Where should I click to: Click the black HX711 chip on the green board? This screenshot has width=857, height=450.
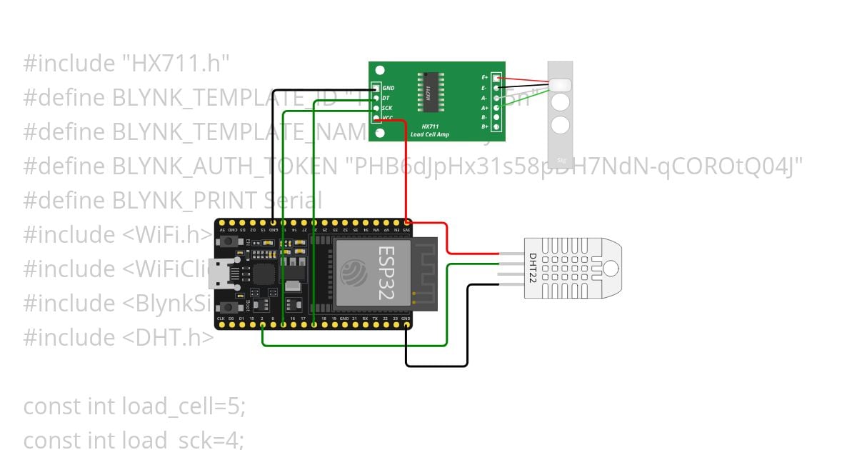click(x=429, y=91)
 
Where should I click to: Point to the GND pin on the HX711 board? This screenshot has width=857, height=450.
click(x=376, y=88)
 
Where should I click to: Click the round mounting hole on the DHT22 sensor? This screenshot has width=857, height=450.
click(x=611, y=268)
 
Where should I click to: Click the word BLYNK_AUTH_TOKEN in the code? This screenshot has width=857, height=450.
click(x=225, y=166)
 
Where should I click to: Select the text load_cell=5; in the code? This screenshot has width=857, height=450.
click(x=184, y=406)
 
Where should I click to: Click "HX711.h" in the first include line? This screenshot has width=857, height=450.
click(x=174, y=64)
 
